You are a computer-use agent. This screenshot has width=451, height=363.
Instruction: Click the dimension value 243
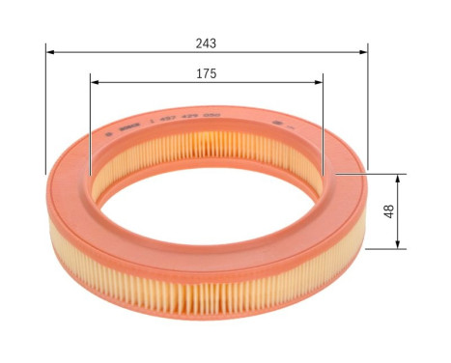click(x=205, y=42)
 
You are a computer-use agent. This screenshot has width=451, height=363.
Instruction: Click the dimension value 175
click(x=205, y=72)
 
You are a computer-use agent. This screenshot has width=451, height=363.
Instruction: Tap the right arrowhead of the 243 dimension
click(x=364, y=53)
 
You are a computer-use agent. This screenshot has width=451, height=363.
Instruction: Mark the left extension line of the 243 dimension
click(x=45, y=106)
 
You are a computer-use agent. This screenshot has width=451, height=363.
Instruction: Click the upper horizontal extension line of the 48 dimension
click(x=381, y=175)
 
